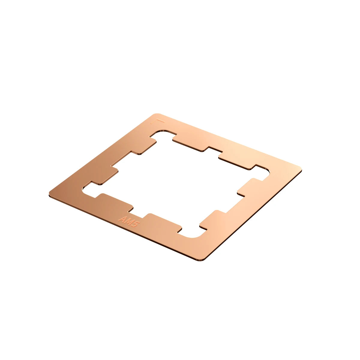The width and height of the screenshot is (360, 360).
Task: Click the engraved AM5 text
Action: click(x=128, y=221)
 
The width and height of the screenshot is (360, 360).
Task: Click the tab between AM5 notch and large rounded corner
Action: click(x=163, y=222)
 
